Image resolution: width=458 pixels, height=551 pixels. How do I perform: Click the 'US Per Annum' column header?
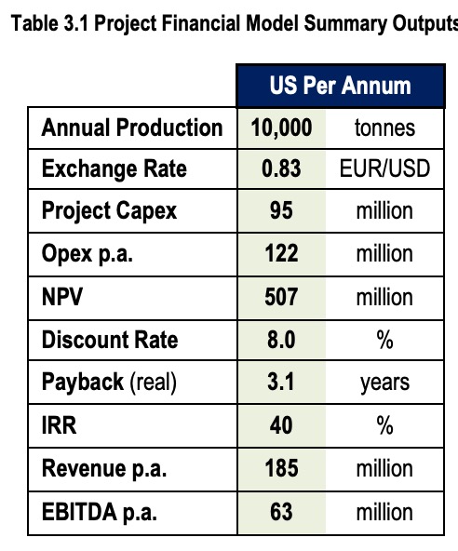pos(340,86)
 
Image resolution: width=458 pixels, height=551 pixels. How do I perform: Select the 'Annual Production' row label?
pos(132,127)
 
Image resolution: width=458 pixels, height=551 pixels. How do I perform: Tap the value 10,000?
pos(281,127)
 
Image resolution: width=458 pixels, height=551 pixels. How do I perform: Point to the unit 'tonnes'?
pos(384,128)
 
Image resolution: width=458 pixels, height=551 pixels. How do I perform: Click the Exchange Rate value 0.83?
pos(281,169)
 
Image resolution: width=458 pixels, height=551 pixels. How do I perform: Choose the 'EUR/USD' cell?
pos(384,169)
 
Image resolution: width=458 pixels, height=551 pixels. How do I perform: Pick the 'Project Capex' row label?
pos(109,211)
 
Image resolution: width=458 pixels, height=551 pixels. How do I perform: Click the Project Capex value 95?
pos(281,211)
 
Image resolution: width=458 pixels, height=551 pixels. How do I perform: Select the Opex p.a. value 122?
pos(281,254)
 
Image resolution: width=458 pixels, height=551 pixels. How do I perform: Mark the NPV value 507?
pos(281,297)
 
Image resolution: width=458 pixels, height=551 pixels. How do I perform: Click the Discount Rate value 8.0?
pos(281,340)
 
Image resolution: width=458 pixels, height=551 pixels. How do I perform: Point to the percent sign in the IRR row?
pos(384,426)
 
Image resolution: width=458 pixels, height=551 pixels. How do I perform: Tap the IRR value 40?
pos(281,426)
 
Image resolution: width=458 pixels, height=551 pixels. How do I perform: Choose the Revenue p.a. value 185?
pos(281,469)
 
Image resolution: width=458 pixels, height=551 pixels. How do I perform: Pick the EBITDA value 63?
pos(281,512)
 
